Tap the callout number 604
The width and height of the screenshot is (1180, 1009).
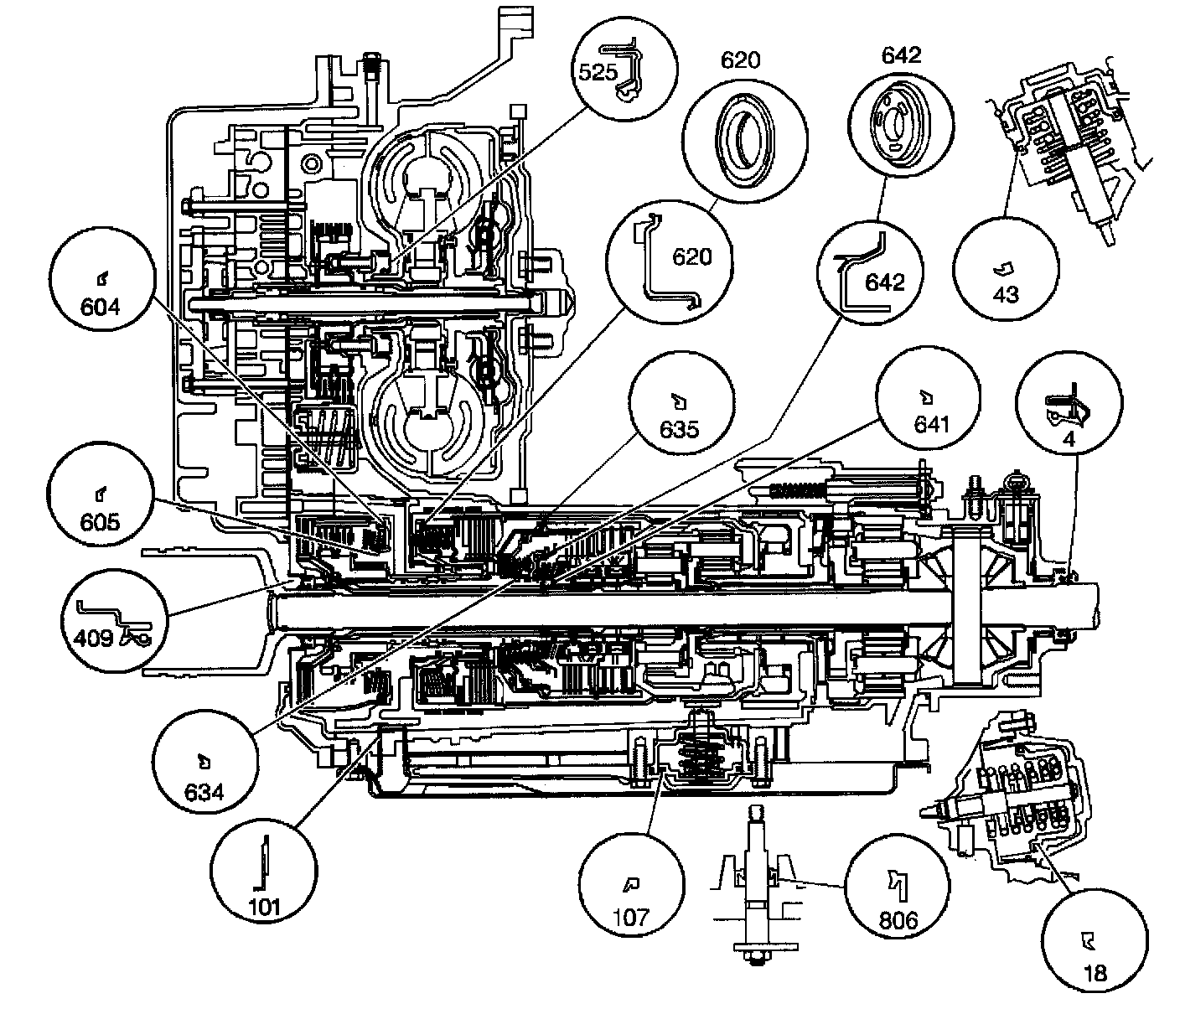pos(101,308)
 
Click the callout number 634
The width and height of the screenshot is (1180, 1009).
pos(204,790)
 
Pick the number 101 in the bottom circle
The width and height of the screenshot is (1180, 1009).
pos(264,906)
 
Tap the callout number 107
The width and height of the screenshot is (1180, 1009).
pos(631,916)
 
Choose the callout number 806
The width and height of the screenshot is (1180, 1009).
pos(898,920)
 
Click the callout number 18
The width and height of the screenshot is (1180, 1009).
pos(1095,972)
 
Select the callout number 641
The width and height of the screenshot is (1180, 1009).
pos(929,425)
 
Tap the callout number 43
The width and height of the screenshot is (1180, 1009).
pos(1004,294)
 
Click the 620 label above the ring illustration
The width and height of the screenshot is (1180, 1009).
pos(740,60)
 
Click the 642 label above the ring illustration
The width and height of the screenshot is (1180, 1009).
pos(901,55)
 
